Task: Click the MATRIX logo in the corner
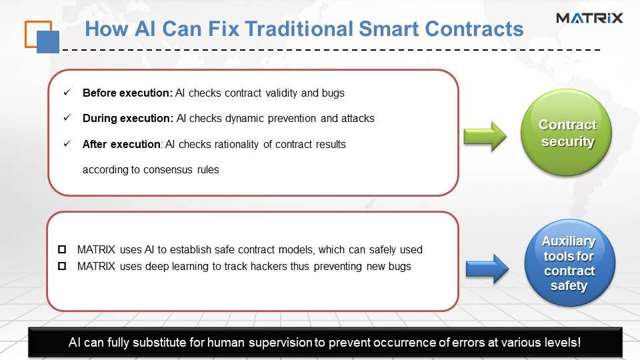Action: [589, 18]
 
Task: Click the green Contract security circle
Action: [566, 133]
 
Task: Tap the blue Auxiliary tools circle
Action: [569, 263]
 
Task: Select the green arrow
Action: [485, 136]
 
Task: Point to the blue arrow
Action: [487, 269]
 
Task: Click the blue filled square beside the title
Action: [48, 42]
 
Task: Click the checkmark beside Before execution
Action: [67, 92]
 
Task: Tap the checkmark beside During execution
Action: [67, 117]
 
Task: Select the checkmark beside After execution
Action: [67, 143]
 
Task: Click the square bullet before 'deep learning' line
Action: [62, 266]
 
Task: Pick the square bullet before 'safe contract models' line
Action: [62, 249]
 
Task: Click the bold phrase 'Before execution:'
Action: [128, 93]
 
